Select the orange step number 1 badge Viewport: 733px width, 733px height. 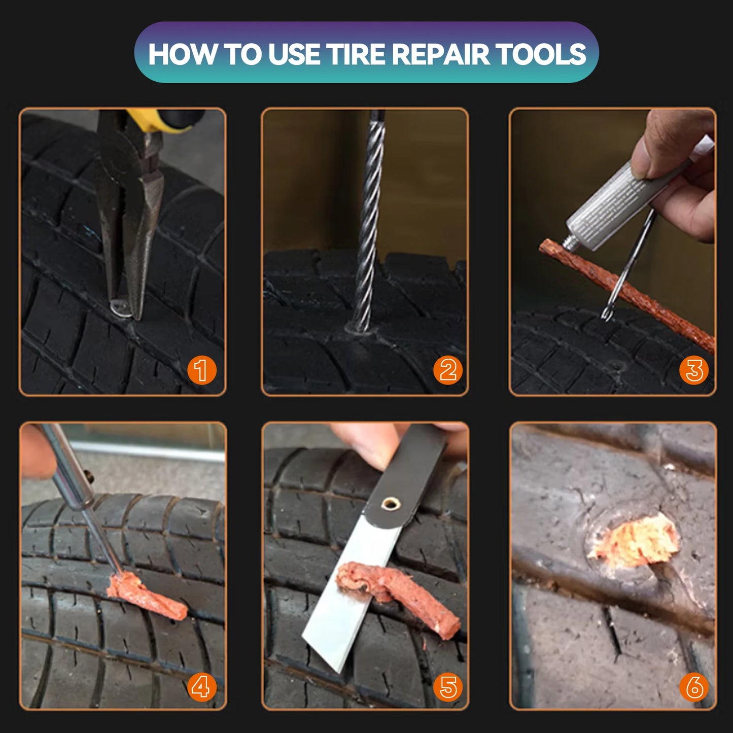tap(201, 370)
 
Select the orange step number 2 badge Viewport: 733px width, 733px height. tap(447, 370)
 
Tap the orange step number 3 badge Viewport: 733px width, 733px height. tap(693, 370)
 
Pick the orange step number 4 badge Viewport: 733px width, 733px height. tap(201, 687)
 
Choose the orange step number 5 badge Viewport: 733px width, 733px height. tap(447, 687)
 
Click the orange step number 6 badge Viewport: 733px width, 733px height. tap(693, 687)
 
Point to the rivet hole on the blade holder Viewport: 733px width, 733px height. tap(390, 504)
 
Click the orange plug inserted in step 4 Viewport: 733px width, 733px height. tap(145, 595)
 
